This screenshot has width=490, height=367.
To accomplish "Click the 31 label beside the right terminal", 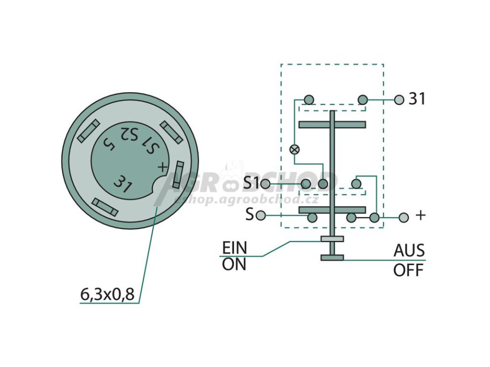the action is tap(416, 99).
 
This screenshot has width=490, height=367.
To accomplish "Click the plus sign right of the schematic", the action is tap(420, 216).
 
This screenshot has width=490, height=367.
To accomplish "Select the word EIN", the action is tap(234, 248).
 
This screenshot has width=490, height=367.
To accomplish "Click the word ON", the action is tap(234, 264).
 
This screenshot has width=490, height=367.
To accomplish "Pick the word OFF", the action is tap(409, 270).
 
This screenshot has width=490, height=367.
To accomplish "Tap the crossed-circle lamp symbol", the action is tap(295, 149).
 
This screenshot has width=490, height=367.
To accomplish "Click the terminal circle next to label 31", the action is tap(400, 99).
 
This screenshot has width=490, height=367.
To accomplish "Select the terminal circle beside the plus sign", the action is tap(404, 217).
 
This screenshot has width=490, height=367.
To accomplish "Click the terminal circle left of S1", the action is tap(266, 183).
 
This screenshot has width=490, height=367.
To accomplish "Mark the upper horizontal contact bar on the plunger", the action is tap(332, 125).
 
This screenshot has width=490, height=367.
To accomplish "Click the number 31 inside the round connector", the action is tap(122, 184).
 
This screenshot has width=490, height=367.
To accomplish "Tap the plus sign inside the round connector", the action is tap(163, 167).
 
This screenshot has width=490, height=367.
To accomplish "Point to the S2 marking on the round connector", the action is tap(129, 134).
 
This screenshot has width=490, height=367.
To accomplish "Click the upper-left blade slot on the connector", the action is tap(88, 130).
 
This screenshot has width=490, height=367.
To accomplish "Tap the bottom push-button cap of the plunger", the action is tap(332, 258).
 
